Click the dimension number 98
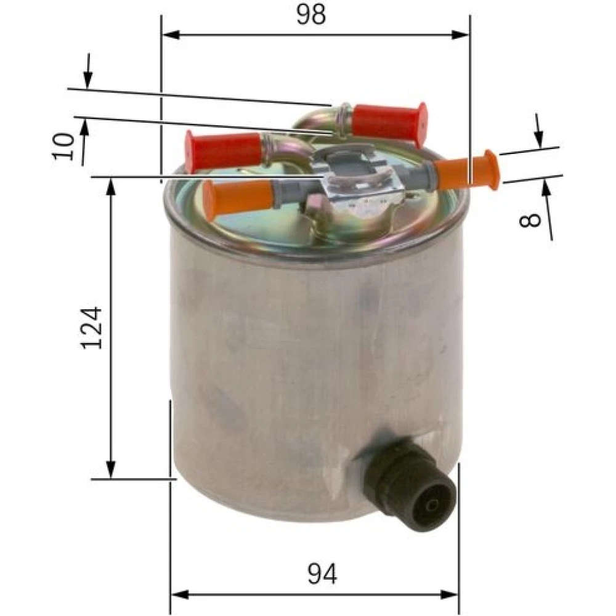(310, 15)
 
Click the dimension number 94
(322, 573)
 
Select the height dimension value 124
(92, 328)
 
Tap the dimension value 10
(63, 146)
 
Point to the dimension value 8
(530, 220)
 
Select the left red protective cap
(222, 152)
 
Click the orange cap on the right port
(468, 169)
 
